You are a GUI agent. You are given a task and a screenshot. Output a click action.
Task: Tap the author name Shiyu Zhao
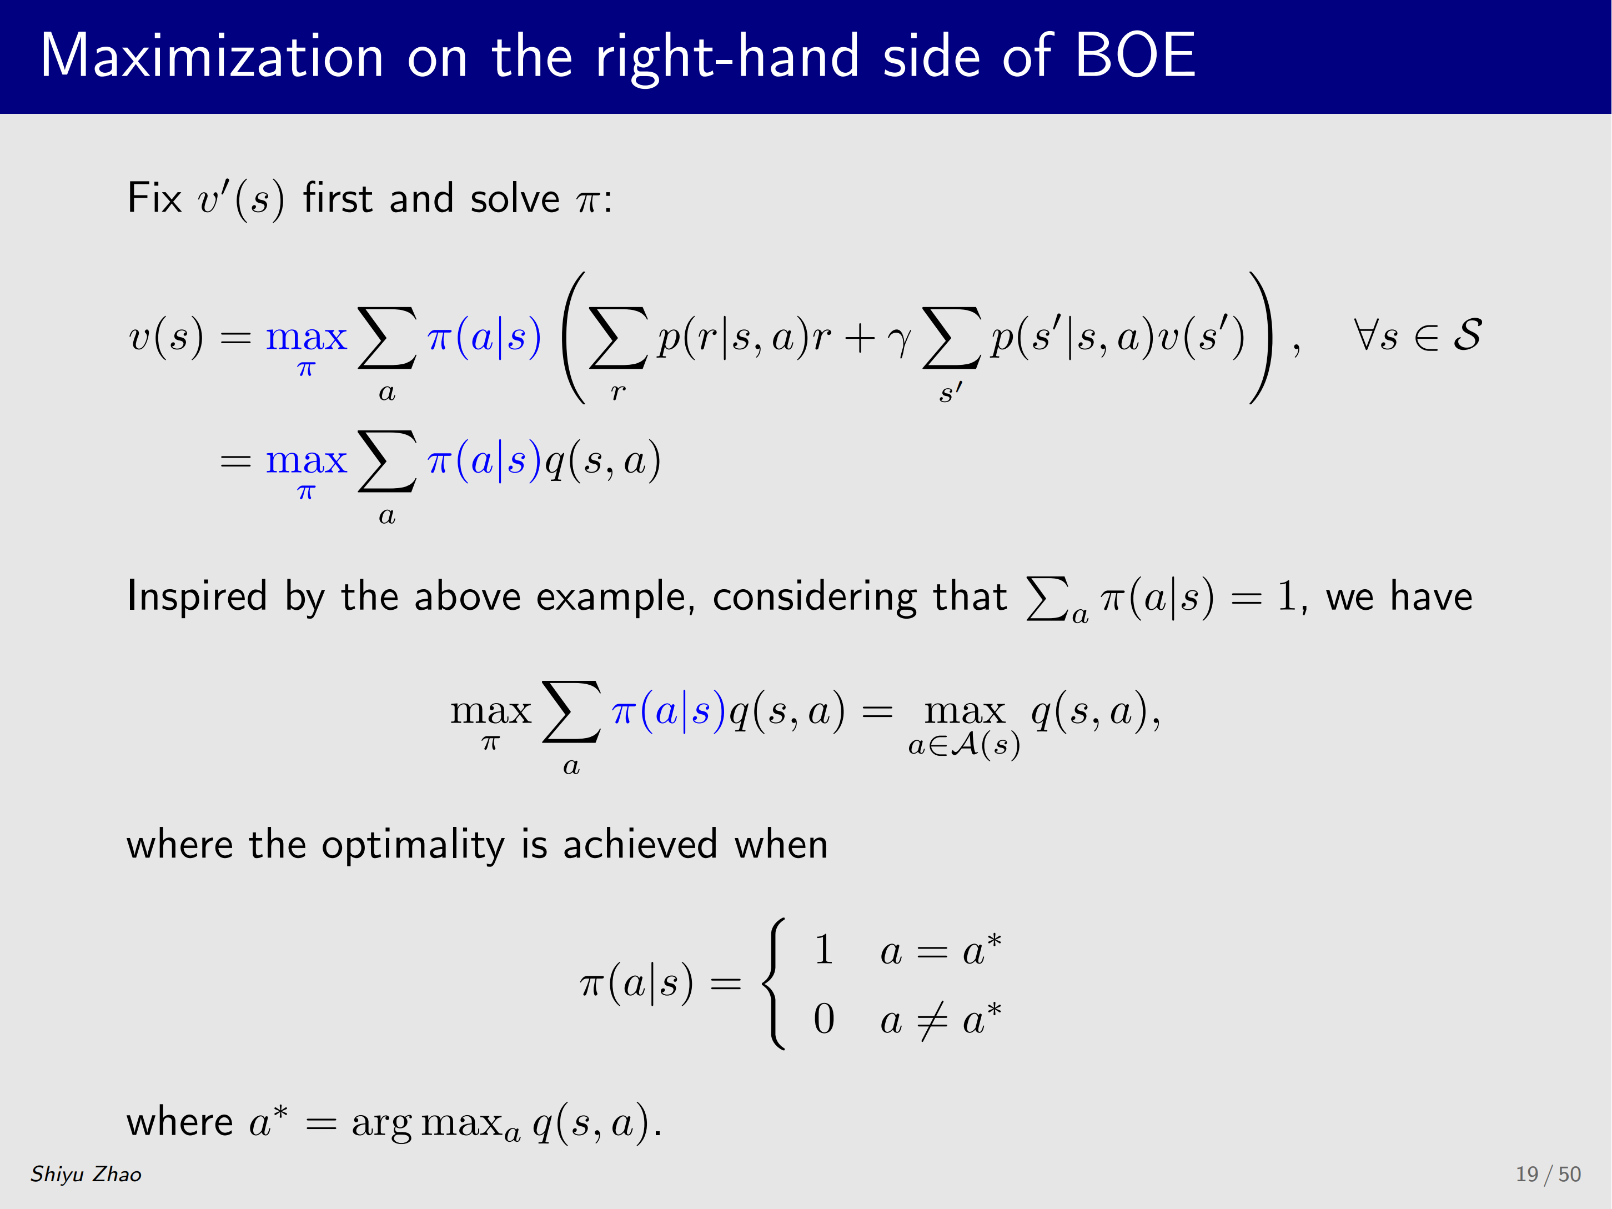[86, 1174]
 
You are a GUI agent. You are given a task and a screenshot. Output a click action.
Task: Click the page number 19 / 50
[1548, 1174]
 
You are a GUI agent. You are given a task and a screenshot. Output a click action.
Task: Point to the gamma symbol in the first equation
[899, 341]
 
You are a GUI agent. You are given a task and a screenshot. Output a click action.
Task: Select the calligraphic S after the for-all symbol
[1467, 335]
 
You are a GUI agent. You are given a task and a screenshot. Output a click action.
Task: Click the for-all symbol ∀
[1365, 335]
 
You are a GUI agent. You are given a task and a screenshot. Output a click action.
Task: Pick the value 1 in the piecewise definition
[824, 950]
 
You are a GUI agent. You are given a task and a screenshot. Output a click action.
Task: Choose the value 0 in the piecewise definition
[824, 1019]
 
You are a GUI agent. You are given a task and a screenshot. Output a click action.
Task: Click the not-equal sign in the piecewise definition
[932, 1020]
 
